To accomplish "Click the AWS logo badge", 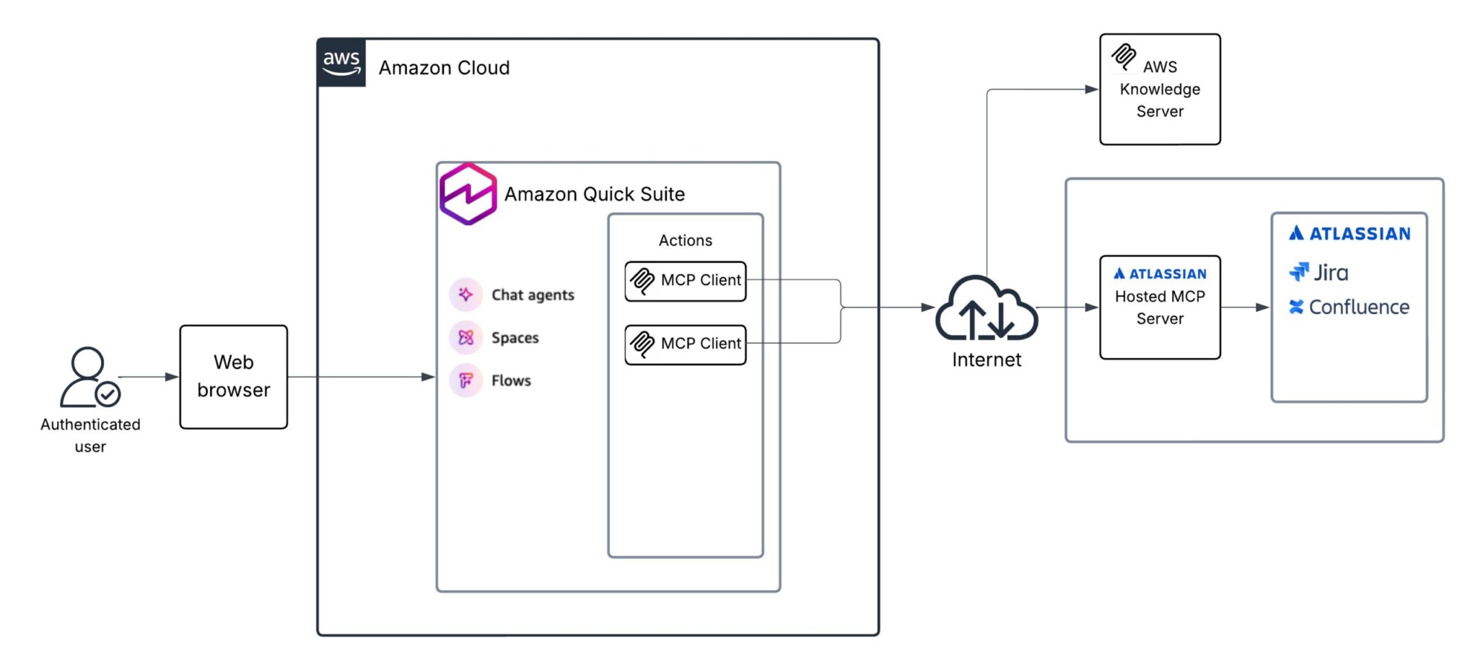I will [341, 63].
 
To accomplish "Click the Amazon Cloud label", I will [444, 68].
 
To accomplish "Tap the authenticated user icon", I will [89, 377].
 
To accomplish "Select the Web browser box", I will [233, 377].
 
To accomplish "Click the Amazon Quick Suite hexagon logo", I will [468, 194].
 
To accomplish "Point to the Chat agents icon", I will [465, 295].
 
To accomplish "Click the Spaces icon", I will [465, 337].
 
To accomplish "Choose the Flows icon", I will [465, 380].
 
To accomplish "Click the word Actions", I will [685, 240].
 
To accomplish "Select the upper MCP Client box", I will [685, 281].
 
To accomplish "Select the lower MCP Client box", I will [685, 344].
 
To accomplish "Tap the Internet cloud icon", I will [986, 309].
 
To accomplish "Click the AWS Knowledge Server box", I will [1159, 90].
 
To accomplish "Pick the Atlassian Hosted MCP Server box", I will [1159, 307].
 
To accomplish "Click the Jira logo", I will [1319, 272].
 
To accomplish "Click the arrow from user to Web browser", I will [148, 377].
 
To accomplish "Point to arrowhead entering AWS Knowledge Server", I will [1091, 90].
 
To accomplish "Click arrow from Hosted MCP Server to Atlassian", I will [1244, 308].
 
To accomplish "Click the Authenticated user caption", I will [90, 435].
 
